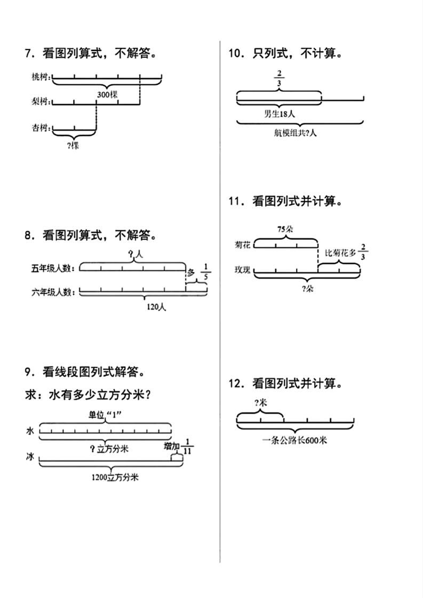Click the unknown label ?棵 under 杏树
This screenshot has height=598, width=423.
pos(74,145)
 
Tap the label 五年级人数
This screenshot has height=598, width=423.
pos(53,268)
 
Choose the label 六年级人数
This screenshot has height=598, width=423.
pos(53,292)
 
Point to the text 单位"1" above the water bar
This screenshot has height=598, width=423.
pos(106,415)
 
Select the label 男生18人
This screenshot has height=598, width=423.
pos(280,113)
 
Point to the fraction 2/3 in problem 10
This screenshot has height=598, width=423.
pos(279,79)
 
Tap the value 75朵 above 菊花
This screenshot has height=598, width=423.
pos(285,229)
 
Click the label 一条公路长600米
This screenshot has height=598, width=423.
pos(294,440)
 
